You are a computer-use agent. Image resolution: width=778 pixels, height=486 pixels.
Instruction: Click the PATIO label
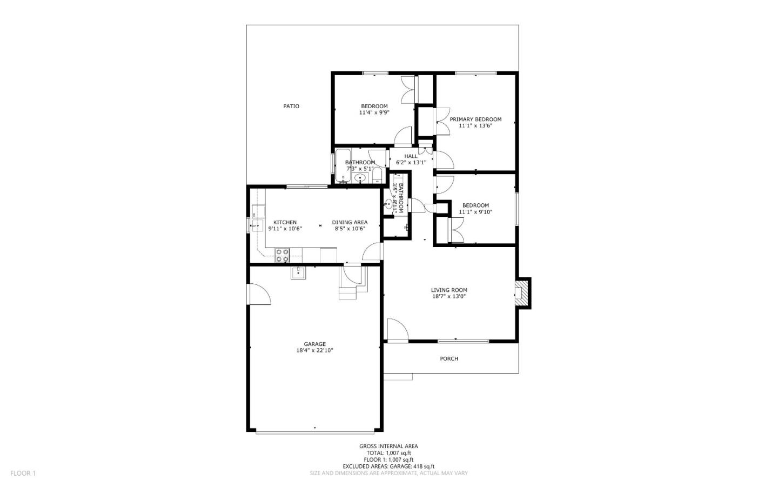pos(291,106)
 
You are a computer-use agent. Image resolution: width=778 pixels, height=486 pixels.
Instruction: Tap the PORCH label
pos(449,358)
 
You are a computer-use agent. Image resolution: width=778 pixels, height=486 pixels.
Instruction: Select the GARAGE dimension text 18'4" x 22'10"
pos(314,350)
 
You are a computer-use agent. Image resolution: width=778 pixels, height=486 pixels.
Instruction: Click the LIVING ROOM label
pos(449,290)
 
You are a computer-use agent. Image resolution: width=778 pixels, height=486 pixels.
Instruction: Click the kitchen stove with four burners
pos(282,255)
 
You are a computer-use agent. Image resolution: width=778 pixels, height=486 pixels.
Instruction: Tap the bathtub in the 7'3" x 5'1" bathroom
pos(342,165)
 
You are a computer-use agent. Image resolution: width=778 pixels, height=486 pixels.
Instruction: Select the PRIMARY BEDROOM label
pos(475,119)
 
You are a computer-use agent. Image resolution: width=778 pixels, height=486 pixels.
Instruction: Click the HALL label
pos(411,156)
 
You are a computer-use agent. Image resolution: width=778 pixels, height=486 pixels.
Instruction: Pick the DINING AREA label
pos(350,222)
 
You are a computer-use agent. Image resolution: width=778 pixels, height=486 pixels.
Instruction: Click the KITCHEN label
pos(285,222)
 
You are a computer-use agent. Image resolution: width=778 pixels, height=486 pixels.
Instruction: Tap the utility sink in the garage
pos(298,272)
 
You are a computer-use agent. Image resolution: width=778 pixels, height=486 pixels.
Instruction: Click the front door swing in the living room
pos(397,330)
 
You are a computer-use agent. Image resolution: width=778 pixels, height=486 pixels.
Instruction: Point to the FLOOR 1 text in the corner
pos(23,473)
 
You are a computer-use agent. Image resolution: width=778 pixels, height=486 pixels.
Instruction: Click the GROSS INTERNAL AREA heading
pos(388,446)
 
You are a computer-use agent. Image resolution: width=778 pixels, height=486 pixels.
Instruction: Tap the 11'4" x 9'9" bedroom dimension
pos(374,112)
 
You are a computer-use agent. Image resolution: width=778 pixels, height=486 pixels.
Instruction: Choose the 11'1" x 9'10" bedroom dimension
pos(475,212)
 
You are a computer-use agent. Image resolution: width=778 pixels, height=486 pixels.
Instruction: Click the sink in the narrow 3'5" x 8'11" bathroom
pos(390,204)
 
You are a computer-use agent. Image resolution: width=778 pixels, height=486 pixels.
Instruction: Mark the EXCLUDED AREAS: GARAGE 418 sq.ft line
pos(388,466)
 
